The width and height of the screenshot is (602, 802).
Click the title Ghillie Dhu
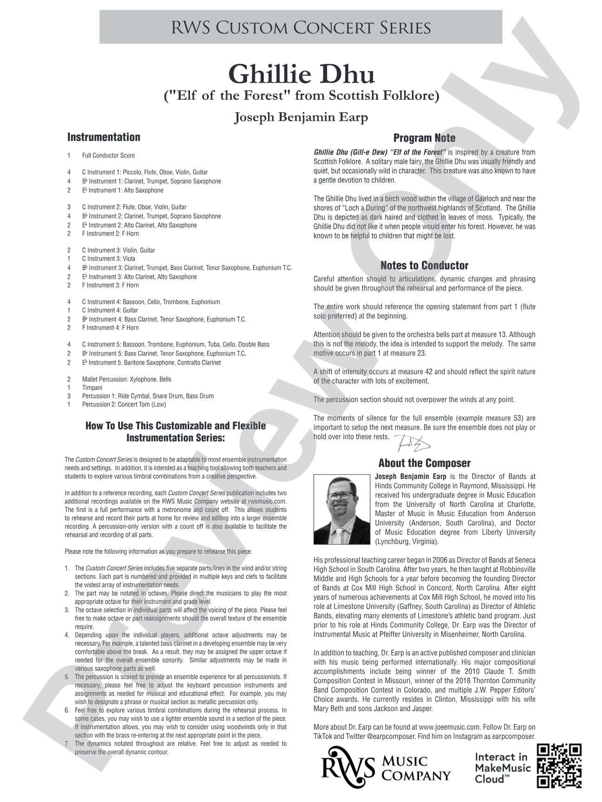(301, 74)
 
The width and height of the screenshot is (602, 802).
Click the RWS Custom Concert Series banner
(301, 28)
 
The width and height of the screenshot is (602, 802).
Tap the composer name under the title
(301, 117)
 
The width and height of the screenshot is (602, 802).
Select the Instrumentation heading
(104, 137)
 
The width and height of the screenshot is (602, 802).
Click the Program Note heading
(424, 138)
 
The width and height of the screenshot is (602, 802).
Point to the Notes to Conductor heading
(424, 266)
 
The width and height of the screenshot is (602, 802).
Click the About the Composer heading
(424, 463)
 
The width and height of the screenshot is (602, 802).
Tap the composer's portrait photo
(342, 509)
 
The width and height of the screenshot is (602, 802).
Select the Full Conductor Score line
(108, 155)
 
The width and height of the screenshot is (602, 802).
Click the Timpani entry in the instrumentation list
(92, 388)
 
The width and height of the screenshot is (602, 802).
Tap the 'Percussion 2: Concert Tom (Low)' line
(124, 404)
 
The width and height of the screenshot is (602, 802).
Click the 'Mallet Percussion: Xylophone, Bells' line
(126, 379)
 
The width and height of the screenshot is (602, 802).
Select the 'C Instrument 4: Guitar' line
(110, 310)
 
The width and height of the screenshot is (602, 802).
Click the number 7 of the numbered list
(67, 744)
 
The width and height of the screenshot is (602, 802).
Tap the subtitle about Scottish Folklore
(301, 96)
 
